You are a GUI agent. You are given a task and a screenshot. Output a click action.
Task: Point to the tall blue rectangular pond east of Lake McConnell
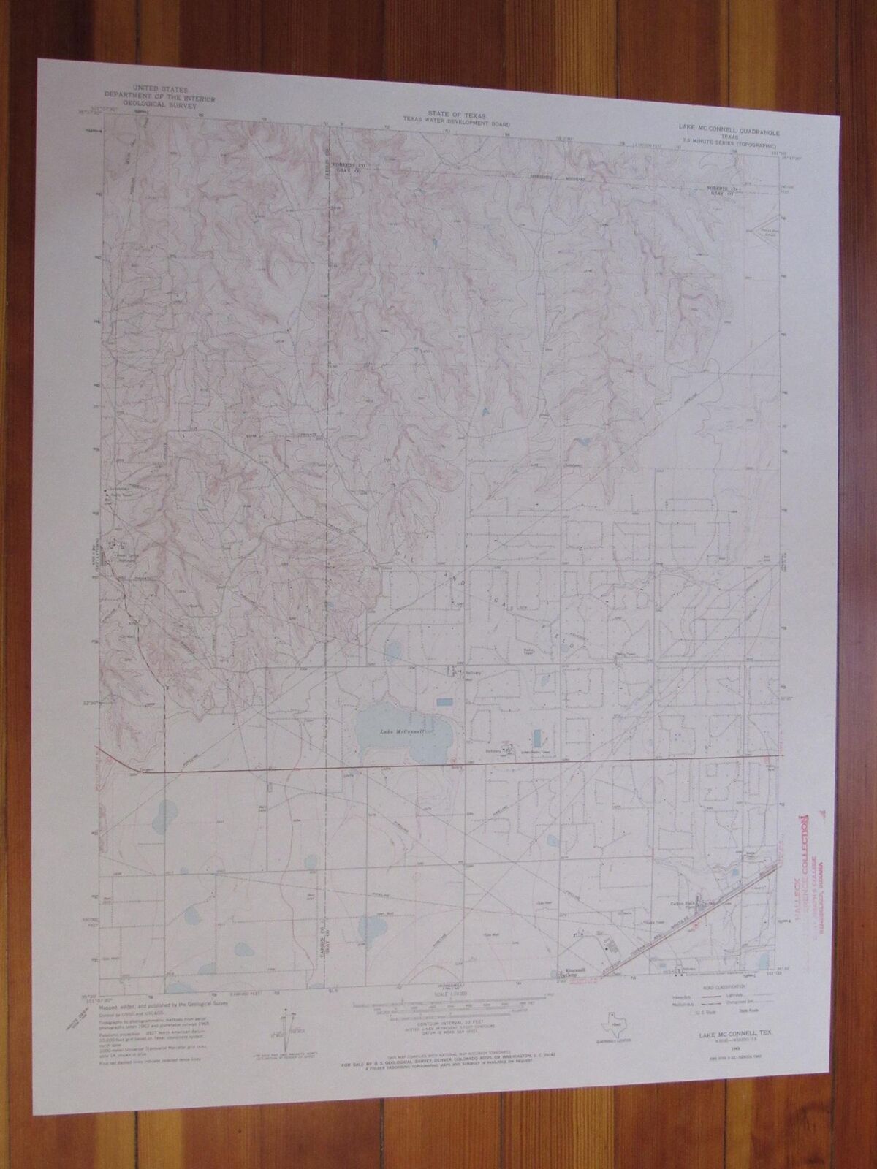(538, 736)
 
